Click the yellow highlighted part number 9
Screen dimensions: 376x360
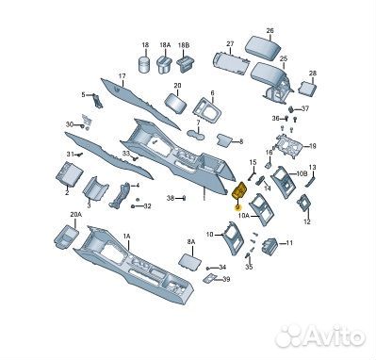point(237,207)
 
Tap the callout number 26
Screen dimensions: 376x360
point(270,31)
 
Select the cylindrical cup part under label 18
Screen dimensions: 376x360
point(145,64)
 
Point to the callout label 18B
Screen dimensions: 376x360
point(184,45)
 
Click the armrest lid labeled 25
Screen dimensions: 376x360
point(270,74)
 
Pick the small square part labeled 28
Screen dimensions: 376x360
point(306,88)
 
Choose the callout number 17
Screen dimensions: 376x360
point(122,76)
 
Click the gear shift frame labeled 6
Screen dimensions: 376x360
point(207,111)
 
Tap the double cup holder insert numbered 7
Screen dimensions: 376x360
point(196,135)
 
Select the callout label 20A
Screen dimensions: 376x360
point(75,215)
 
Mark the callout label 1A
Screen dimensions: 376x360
point(127,236)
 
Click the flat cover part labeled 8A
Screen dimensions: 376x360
point(190,261)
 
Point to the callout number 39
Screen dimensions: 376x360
point(226,279)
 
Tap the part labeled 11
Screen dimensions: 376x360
point(269,245)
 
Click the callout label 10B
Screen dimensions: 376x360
point(302,173)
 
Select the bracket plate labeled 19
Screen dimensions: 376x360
point(288,145)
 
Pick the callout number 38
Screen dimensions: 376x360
point(171,198)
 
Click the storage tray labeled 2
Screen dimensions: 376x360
point(70,173)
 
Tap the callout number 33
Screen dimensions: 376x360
point(126,154)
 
